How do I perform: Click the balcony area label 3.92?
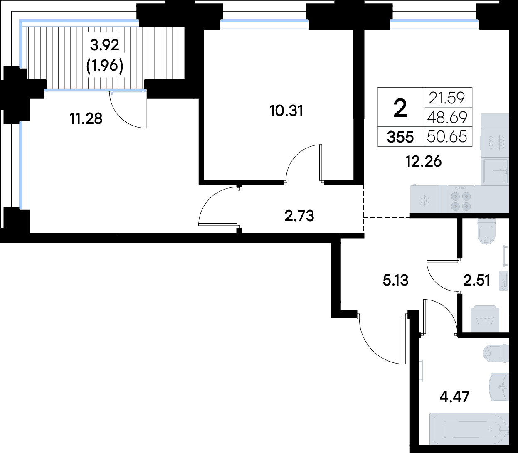[105, 46]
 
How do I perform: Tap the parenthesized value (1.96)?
[105, 66]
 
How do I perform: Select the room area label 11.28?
[86, 118]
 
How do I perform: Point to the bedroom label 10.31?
[286, 111]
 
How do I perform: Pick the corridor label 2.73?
[299, 216]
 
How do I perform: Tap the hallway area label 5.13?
[395, 281]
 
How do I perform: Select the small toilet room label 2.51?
[476, 281]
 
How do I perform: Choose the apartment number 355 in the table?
[400, 138]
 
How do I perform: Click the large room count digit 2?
[400, 108]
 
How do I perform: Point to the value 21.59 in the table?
[447, 98]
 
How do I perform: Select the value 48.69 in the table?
[447, 118]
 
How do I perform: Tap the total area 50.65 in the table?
[447, 137]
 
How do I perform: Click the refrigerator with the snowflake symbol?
[425, 199]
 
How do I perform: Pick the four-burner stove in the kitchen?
[461, 199]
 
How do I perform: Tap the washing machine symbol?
[485, 319]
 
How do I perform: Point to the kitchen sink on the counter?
[496, 171]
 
